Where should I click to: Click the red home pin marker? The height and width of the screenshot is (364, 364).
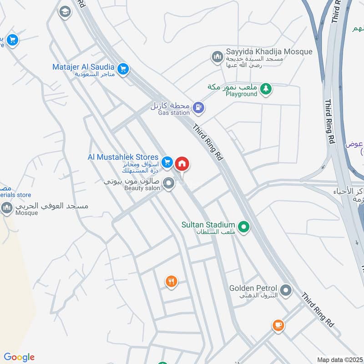tap(182, 164)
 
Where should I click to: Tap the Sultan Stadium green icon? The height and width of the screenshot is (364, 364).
tap(244, 226)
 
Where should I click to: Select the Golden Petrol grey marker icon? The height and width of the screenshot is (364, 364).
tap(286, 290)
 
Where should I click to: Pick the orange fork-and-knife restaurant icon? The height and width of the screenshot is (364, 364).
tap(171, 282)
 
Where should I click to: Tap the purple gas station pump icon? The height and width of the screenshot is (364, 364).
tap(198, 108)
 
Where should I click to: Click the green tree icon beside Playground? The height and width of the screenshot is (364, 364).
tap(266, 90)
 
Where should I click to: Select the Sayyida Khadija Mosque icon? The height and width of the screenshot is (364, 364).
tap(217, 57)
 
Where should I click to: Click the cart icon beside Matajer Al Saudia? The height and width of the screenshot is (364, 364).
tap(123, 69)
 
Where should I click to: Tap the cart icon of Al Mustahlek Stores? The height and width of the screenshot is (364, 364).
tap(167, 162)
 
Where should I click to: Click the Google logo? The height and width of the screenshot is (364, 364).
tap(19, 357)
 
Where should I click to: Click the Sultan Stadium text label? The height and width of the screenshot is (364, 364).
tap(208, 225)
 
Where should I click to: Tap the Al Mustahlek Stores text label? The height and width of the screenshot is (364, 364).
tap(123, 157)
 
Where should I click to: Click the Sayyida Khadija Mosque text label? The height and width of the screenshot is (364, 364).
tap(269, 51)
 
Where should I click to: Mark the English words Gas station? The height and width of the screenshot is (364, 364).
tap(173, 112)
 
